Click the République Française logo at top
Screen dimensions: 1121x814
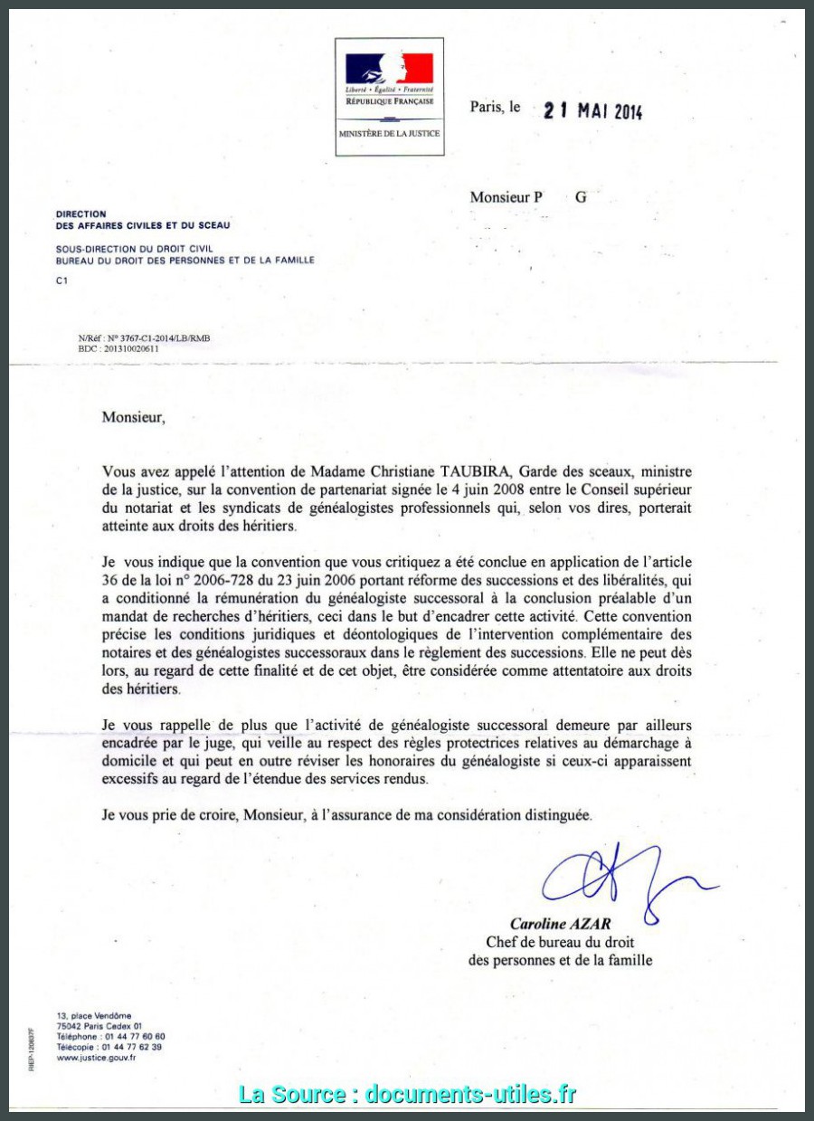(x=389, y=79)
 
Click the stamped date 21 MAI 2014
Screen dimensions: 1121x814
(x=592, y=111)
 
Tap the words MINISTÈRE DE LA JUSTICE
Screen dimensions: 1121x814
(x=389, y=133)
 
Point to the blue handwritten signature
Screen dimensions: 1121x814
(x=624, y=878)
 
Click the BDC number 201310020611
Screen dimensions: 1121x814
(x=131, y=348)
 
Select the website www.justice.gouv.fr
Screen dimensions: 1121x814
(x=96, y=1057)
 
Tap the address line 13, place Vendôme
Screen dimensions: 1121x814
(x=93, y=1016)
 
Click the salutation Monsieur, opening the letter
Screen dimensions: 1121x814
(x=134, y=417)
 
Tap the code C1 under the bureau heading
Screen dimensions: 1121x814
(x=62, y=280)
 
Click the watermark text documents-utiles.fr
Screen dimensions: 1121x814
(x=471, y=1094)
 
